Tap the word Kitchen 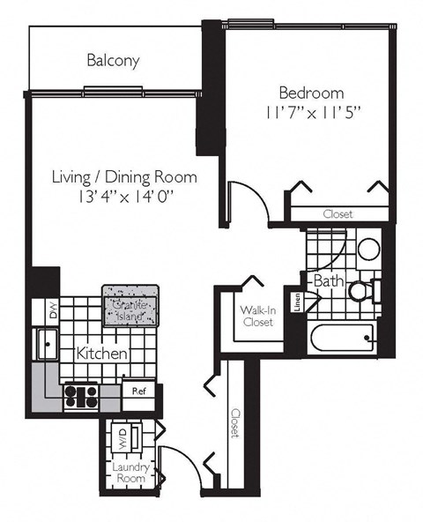coord(103,354)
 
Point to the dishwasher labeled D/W coord(52,310)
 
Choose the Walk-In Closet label coord(256,316)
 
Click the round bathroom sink coord(367,249)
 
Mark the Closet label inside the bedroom coord(338,214)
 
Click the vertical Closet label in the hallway coord(235,422)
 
